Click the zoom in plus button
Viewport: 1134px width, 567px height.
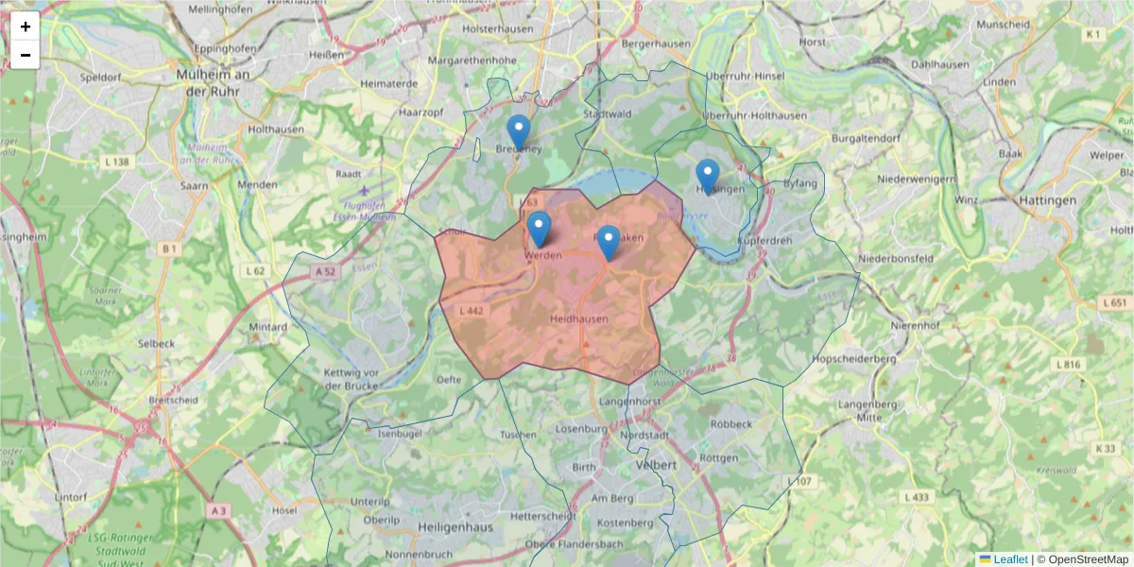pos(26,26)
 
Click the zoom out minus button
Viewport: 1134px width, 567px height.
pos(26,55)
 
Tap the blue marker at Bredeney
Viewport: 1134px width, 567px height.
pos(518,132)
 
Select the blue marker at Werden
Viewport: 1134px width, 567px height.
pos(539,230)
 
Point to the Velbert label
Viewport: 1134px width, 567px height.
pos(657,466)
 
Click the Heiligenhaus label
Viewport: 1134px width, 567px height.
pos(456,526)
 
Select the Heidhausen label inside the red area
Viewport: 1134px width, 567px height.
pos(578,319)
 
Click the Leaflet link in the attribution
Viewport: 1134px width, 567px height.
pos(1009,559)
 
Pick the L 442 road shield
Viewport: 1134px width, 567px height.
pos(471,311)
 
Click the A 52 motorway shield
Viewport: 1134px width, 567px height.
pos(326,271)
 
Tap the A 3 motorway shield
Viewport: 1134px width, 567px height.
pos(219,511)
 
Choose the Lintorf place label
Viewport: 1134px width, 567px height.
pos(71,496)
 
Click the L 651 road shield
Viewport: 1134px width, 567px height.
pos(1114,303)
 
